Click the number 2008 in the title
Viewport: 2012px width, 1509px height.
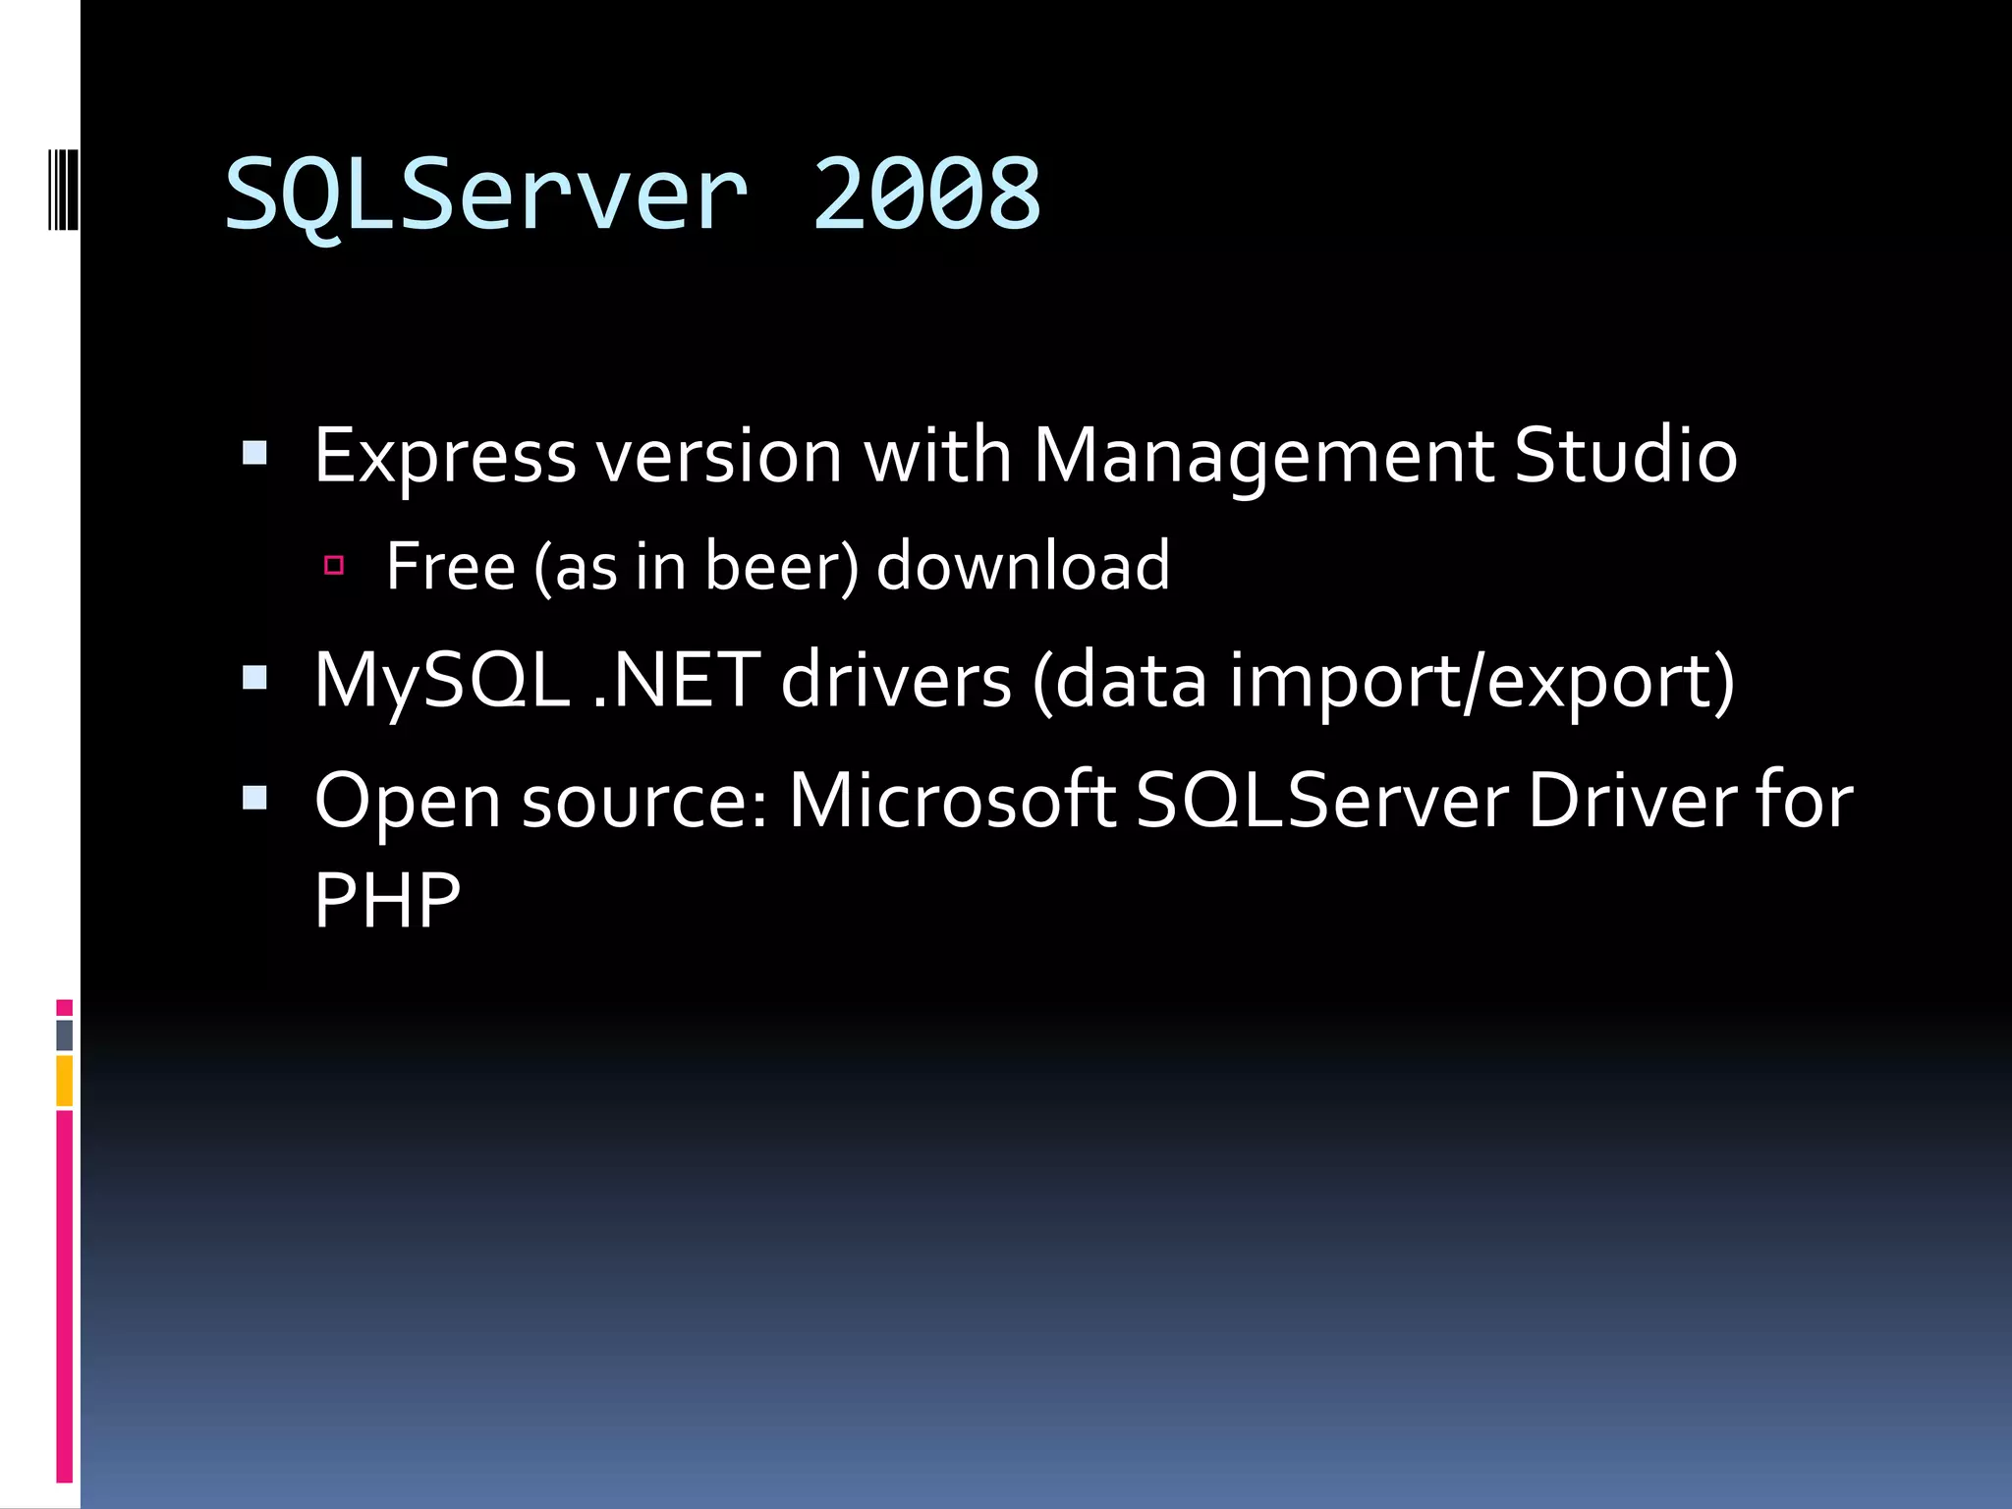[926, 195]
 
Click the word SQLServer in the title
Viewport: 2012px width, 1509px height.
[486, 195]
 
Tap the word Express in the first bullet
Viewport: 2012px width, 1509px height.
[444, 457]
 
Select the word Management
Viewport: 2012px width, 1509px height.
[1262, 457]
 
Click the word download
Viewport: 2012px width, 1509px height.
[1023, 567]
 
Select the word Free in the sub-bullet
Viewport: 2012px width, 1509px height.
[450, 567]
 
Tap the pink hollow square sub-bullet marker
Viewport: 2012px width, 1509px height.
[334, 565]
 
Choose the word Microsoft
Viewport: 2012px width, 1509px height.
[951, 801]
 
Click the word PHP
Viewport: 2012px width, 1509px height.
[386, 900]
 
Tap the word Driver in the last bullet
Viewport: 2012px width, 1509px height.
[1630, 801]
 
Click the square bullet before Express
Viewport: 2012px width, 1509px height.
[254, 453]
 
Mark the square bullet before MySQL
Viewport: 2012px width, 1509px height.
[254, 678]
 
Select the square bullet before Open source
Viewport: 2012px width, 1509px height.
[254, 798]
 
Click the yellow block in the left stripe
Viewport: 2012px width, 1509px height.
[64, 1081]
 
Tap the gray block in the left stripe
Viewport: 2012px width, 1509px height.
[64, 1034]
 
